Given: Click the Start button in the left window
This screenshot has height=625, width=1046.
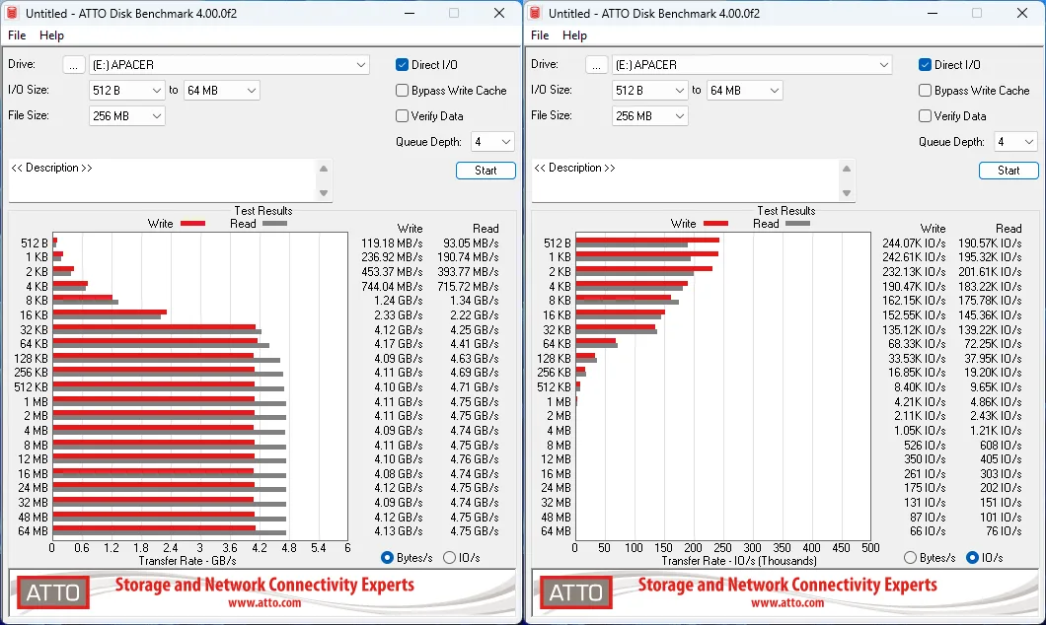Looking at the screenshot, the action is click(486, 171).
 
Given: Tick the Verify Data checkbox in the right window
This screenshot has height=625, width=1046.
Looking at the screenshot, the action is click(925, 116).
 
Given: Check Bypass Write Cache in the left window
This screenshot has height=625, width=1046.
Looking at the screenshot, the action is click(402, 91).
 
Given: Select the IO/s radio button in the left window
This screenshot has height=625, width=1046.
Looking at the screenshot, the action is click(450, 558).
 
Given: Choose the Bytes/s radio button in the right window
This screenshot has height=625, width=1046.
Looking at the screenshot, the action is click(910, 558).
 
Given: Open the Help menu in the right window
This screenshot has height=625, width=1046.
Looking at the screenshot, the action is click(574, 35).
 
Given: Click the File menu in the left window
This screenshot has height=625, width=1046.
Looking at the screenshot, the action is click(17, 35).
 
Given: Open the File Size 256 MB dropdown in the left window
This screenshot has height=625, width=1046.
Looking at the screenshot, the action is click(126, 116).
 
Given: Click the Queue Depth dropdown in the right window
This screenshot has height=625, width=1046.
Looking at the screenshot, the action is click(1014, 142).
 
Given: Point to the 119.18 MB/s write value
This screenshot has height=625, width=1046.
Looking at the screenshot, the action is click(392, 243).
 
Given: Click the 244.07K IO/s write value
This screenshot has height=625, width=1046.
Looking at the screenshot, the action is click(914, 243).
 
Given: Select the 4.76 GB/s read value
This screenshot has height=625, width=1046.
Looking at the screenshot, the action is click(475, 459).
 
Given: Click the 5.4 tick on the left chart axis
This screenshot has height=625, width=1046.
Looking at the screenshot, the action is click(318, 548).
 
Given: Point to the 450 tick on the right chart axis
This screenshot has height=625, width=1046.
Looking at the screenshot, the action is click(841, 548).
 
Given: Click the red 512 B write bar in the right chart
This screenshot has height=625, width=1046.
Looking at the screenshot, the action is click(647, 240).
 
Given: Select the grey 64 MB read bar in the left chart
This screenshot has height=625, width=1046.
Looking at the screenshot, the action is click(170, 533).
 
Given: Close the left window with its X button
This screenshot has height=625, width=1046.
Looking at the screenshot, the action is click(499, 14).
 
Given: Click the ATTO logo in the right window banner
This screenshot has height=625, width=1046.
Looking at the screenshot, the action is click(575, 592).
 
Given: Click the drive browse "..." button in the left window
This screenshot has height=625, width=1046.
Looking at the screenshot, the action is click(73, 65).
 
